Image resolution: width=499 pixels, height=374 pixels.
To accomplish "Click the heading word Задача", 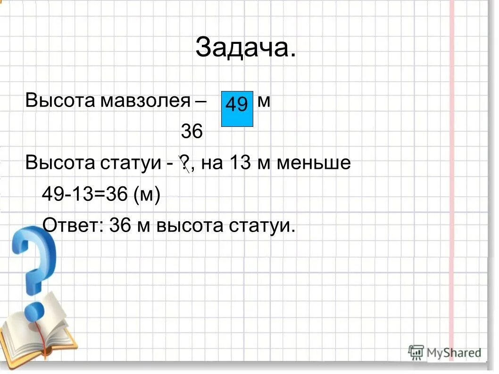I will coord(246,48).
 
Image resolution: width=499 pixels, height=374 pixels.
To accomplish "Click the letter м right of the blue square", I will coord(264,100).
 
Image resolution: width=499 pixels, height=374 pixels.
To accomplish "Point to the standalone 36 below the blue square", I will coord(191,132).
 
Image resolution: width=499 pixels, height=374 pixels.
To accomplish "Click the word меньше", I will coord(313,163).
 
